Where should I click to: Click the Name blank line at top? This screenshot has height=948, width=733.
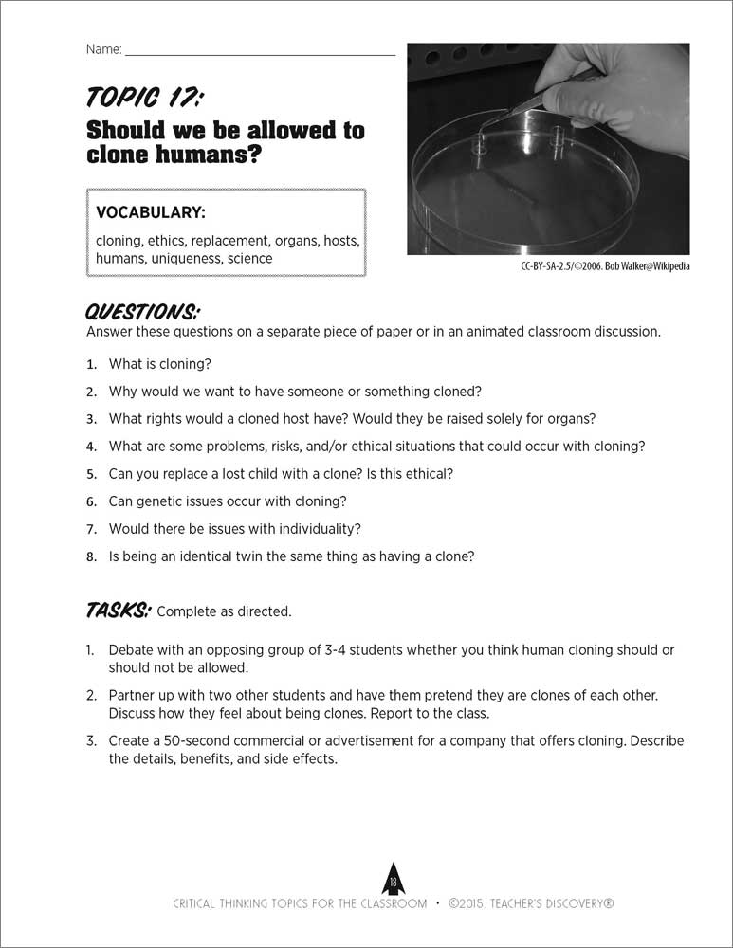(260, 53)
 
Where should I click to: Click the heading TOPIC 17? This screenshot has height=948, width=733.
(145, 97)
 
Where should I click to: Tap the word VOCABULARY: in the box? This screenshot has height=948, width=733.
(150, 211)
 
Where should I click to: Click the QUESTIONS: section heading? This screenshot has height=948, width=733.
(142, 312)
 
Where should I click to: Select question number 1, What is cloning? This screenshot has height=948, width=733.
(159, 364)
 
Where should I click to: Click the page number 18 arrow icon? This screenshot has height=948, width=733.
(393, 881)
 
